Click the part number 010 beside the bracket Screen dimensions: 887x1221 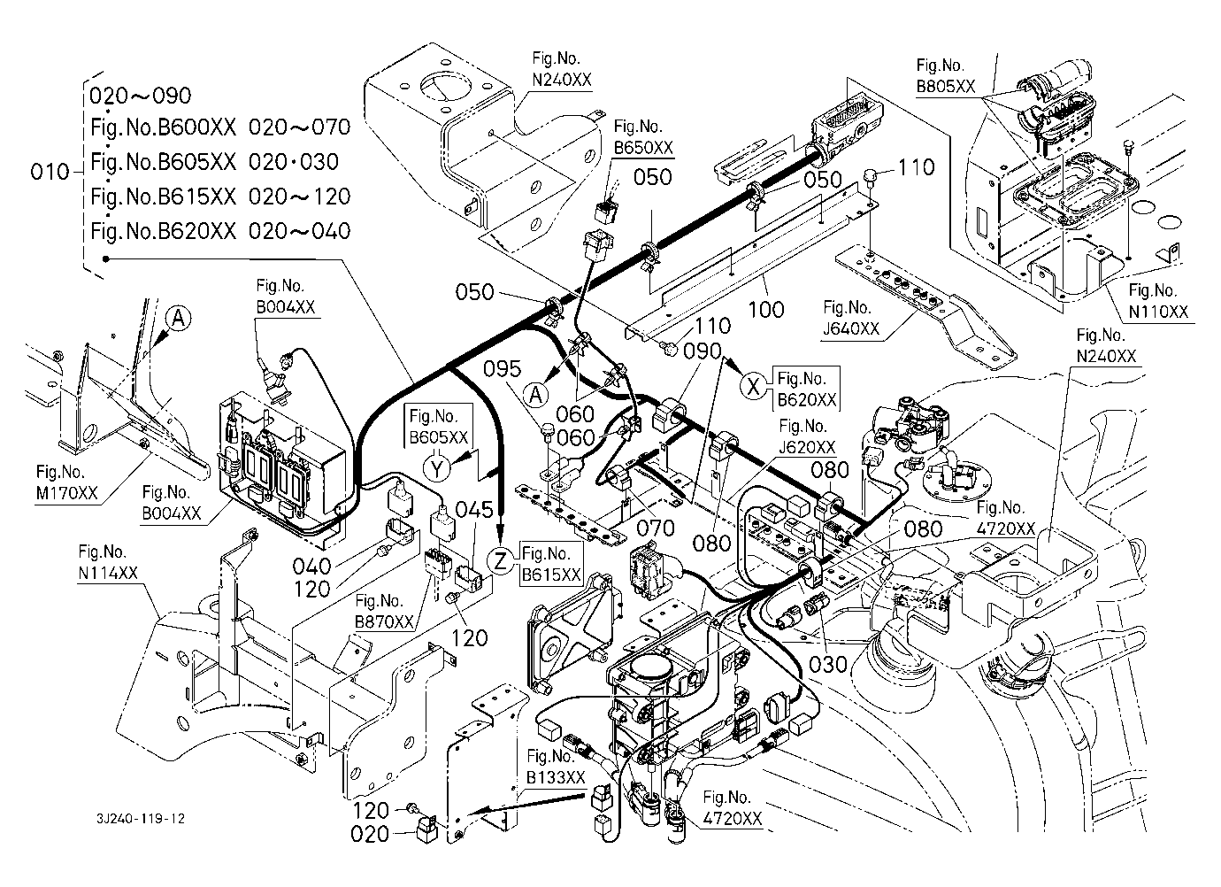(x=50, y=172)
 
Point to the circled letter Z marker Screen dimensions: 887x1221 (x=502, y=559)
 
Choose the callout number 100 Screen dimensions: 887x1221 (x=765, y=309)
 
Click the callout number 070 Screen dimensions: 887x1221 (x=656, y=528)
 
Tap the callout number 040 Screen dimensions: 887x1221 (x=311, y=566)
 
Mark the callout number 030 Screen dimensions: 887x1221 (x=829, y=663)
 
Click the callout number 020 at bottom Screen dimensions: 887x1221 (x=370, y=834)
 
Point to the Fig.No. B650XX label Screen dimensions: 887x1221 (x=643, y=137)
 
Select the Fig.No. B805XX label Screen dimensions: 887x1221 (x=946, y=76)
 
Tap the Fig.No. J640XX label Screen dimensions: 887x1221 (x=851, y=319)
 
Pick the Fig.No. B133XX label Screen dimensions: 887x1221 (x=556, y=767)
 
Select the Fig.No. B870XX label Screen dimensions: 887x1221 (x=384, y=613)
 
